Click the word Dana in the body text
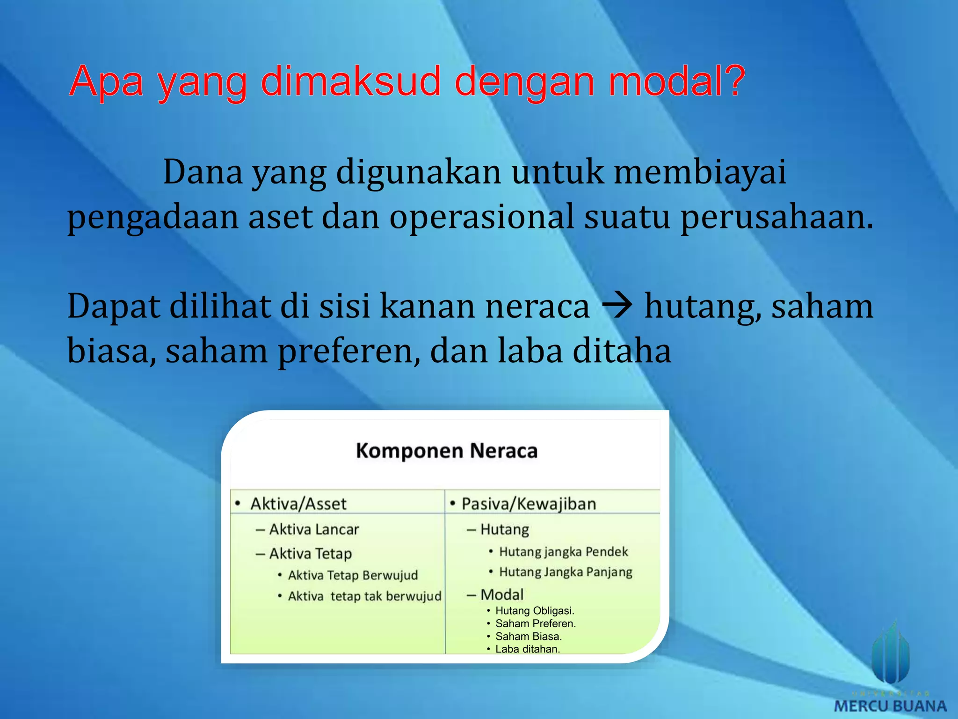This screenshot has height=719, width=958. [x=203, y=172]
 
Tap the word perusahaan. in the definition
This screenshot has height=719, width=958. [x=777, y=217]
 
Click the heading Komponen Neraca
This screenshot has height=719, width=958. [x=446, y=451]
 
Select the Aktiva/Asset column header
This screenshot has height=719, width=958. [x=298, y=504]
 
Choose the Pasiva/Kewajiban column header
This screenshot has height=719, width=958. [x=529, y=504]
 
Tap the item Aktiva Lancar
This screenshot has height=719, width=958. [x=314, y=529]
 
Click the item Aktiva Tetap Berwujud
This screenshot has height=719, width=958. [x=353, y=575]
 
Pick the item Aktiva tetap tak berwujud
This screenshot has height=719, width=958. [x=364, y=596]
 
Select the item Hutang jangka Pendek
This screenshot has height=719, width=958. [x=563, y=552]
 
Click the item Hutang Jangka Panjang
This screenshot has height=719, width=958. [x=566, y=572]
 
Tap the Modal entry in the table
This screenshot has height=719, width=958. [x=501, y=594]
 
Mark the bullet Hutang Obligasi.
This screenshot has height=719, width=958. [x=535, y=611]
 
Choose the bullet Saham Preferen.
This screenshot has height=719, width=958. [x=536, y=624]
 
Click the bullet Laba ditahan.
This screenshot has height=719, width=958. [x=528, y=649]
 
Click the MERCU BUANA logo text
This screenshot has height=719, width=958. [x=890, y=705]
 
